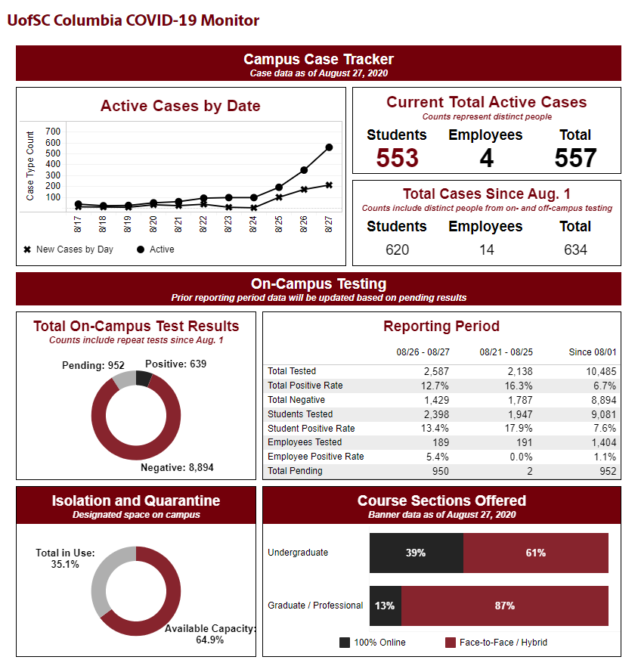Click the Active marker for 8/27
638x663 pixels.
pos(329,147)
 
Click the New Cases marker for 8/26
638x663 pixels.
pos(304,190)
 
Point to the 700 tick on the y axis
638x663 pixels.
pos(53,132)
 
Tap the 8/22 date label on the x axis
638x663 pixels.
pos(203,224)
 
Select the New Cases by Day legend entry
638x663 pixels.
pos(69,249)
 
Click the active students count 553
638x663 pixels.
pos(397,158)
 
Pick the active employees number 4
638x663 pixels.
pos(486,158)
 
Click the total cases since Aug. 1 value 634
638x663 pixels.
pos(575,249)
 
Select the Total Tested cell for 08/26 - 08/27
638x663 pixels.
pos(436,372)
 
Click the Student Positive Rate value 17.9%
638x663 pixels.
pos(519,429)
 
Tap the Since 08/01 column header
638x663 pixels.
pos(593,352)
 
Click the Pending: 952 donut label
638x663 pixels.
pos(93,365)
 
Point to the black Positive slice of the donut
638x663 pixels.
pos(144,379)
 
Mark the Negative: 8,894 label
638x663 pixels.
pos(177,467)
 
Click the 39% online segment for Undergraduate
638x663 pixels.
pos(417,553)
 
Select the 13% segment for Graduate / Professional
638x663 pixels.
pos(386,606)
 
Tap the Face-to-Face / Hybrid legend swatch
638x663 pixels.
pos(451,643)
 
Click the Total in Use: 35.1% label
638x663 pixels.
pos(65,559)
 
